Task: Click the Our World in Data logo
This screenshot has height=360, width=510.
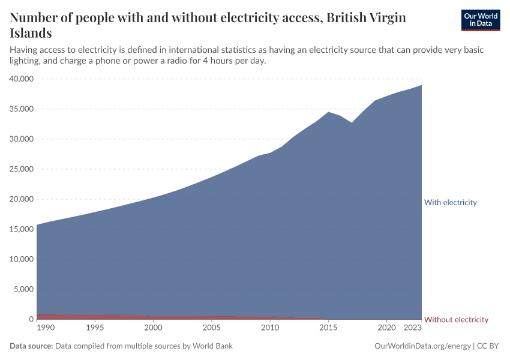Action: click(480, 20)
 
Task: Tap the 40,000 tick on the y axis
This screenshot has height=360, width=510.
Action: click(21, 79)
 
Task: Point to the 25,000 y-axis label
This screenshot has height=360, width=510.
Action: click(21, 169)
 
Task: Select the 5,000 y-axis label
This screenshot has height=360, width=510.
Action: click(23, 289)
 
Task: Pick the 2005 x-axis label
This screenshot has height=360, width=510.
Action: click(211, 328)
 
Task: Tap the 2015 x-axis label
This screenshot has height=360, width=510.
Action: click(328, 328)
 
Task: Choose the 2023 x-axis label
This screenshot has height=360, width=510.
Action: click(413, 328)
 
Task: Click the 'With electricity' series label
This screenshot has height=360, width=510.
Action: click(450, 202)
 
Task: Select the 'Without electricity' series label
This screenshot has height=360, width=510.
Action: click(456, 319)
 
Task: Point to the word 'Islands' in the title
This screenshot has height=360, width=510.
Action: click(31, 33)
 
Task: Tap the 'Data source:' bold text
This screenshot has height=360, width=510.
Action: click(31, 346)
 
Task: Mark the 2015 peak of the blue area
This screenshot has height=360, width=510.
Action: click(328, 112)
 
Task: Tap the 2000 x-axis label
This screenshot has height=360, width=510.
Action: click(153, 328)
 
